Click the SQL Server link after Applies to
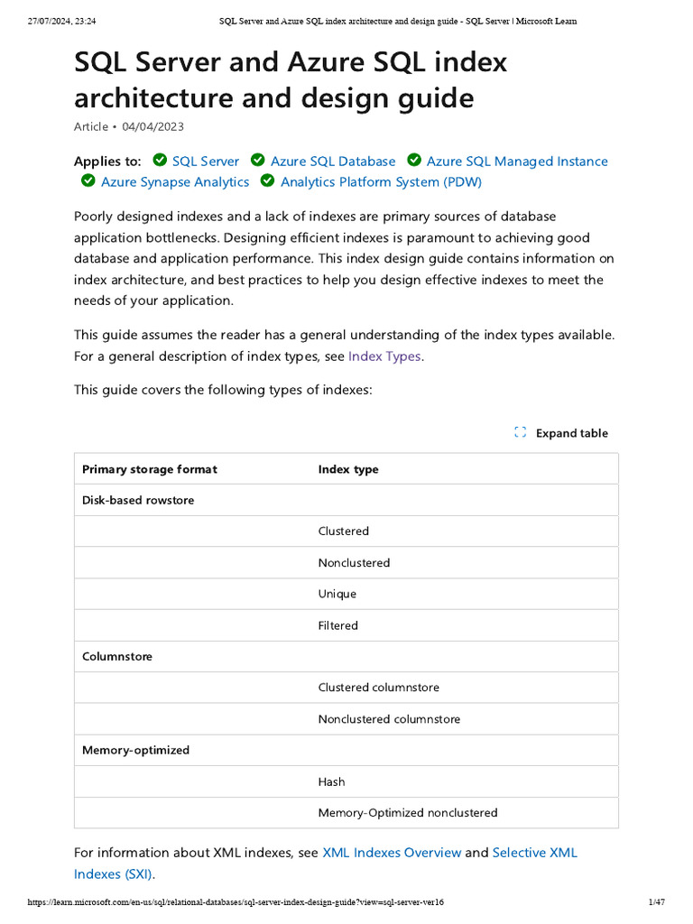206,162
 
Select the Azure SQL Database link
333,162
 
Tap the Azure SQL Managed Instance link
517,162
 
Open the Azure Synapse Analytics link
175,182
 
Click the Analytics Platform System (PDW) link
381,182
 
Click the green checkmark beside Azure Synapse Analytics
88,181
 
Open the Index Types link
384,356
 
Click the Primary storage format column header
150,469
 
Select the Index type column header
348,469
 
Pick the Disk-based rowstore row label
138,500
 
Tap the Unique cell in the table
337,594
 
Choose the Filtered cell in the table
338,625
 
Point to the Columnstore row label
117,657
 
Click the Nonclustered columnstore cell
389,719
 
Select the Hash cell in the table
332,781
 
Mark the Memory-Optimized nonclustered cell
408,813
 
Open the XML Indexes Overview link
392,853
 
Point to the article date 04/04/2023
153,127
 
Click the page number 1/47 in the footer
656,902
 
